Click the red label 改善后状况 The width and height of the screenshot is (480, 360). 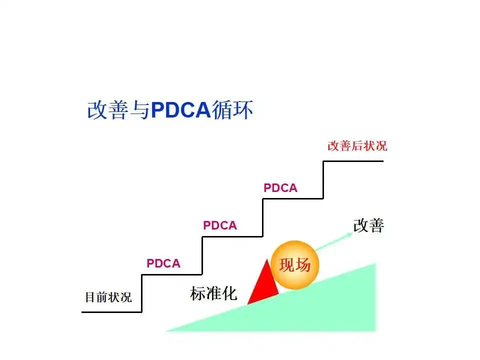point(357,146)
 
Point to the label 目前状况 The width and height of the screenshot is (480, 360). point(108,297)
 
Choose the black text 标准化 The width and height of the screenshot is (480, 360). point(213,293)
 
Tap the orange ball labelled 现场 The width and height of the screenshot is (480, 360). point(294,265)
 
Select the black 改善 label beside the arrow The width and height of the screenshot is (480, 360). point(368,225)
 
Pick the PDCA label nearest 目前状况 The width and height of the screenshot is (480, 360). point(163,263)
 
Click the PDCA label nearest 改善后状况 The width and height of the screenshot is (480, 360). point(280,188)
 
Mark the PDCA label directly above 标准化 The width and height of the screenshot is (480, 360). point(220,225)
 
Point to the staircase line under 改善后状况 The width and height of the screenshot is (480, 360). point(353,161)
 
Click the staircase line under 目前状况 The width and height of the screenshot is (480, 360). point(111,312)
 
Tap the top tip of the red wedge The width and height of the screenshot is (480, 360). point(265,260)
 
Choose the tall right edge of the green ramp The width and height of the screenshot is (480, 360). point(374,297)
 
